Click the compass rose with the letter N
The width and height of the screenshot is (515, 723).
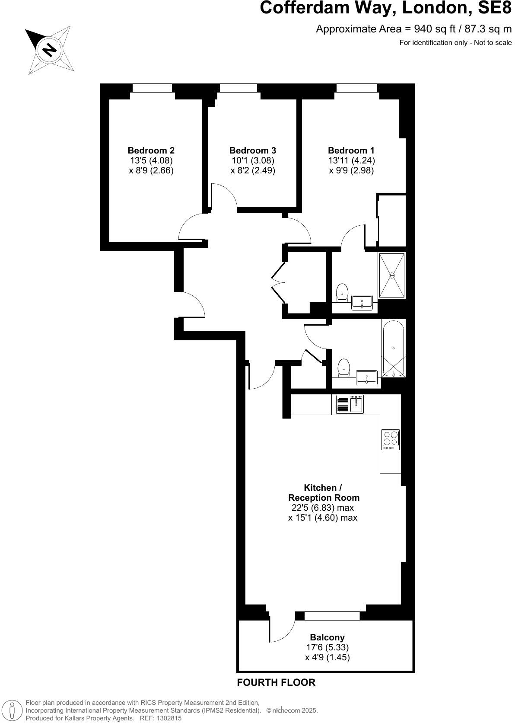tap(49, 49)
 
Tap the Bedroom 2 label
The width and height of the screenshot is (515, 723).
tap(151, 150)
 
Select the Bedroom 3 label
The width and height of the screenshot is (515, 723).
tap(252, 150)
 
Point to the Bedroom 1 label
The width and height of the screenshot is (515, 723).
tap(351, 150)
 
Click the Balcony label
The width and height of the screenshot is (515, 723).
tap(327, 637)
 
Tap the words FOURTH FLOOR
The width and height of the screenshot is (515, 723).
tap(276, 682)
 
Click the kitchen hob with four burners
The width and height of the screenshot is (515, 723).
tap(391, 439)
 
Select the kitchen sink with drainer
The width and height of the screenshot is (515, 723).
tap(350, 404)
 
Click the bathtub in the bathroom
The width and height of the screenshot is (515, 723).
tap(393, 348)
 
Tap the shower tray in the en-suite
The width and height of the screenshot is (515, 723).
tap(392, 275)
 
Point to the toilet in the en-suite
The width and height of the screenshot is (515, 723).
tap(342, 292)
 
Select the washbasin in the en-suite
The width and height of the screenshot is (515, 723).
tap(362, 302)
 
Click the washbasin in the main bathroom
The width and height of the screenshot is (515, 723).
tap(367, 377)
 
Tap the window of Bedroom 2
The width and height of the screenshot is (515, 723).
tap(152, 88)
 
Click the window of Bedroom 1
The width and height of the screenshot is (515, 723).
tap(357, 88)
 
